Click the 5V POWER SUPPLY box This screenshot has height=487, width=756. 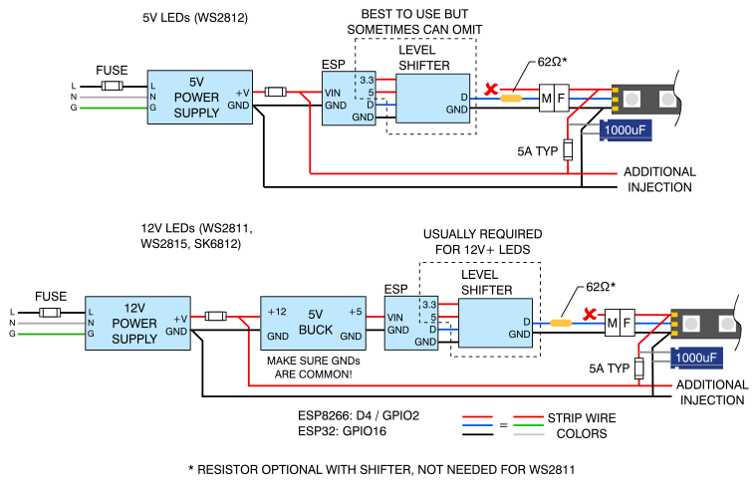[198, 97]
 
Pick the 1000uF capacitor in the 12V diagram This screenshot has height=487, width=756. [696, 356]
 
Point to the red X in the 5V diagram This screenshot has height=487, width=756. [490, 91]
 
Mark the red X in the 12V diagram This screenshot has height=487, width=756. [590, 316]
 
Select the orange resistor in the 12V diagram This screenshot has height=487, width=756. [561, 323]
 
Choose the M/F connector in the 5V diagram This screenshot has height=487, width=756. [553, 98]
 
